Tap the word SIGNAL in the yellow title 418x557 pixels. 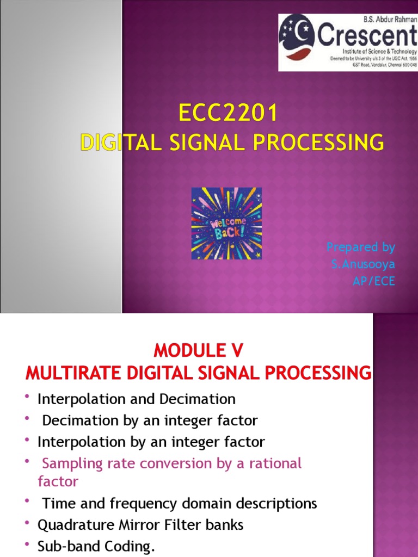point(200,143)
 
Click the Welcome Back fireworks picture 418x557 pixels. point(226,223)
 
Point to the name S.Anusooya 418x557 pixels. point(363,264)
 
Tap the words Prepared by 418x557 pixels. point(360,247)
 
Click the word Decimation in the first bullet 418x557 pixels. point(198,399)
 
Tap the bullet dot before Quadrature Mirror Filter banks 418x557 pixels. point(27,524)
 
